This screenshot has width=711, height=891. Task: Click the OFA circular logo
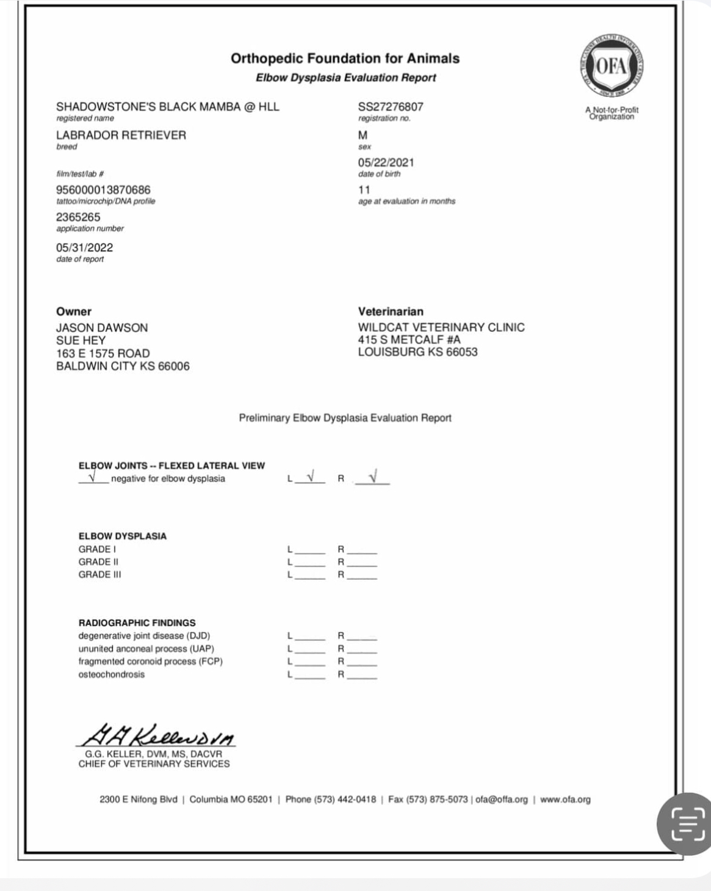612,67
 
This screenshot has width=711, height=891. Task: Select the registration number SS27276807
391,107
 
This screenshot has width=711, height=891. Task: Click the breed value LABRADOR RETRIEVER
121,135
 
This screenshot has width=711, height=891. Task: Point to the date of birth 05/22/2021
386,162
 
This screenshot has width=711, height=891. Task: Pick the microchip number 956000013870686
103,190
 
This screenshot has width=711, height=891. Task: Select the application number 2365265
78,217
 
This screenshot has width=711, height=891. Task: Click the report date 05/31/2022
84,248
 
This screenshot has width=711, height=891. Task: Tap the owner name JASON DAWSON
102,328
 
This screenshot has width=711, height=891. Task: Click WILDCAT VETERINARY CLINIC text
441,327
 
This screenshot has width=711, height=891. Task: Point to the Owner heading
74,311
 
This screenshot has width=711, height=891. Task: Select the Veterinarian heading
391,311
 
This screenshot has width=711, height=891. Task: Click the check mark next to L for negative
311,475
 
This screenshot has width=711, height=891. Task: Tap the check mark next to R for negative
373,475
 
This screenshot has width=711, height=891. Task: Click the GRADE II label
98,562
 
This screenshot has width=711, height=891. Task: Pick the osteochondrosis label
112,674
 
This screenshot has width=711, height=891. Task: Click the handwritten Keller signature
156,734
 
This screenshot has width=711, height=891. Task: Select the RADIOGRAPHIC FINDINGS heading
137,623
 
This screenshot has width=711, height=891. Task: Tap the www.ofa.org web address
565,799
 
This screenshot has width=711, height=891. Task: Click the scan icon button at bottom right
688,823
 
